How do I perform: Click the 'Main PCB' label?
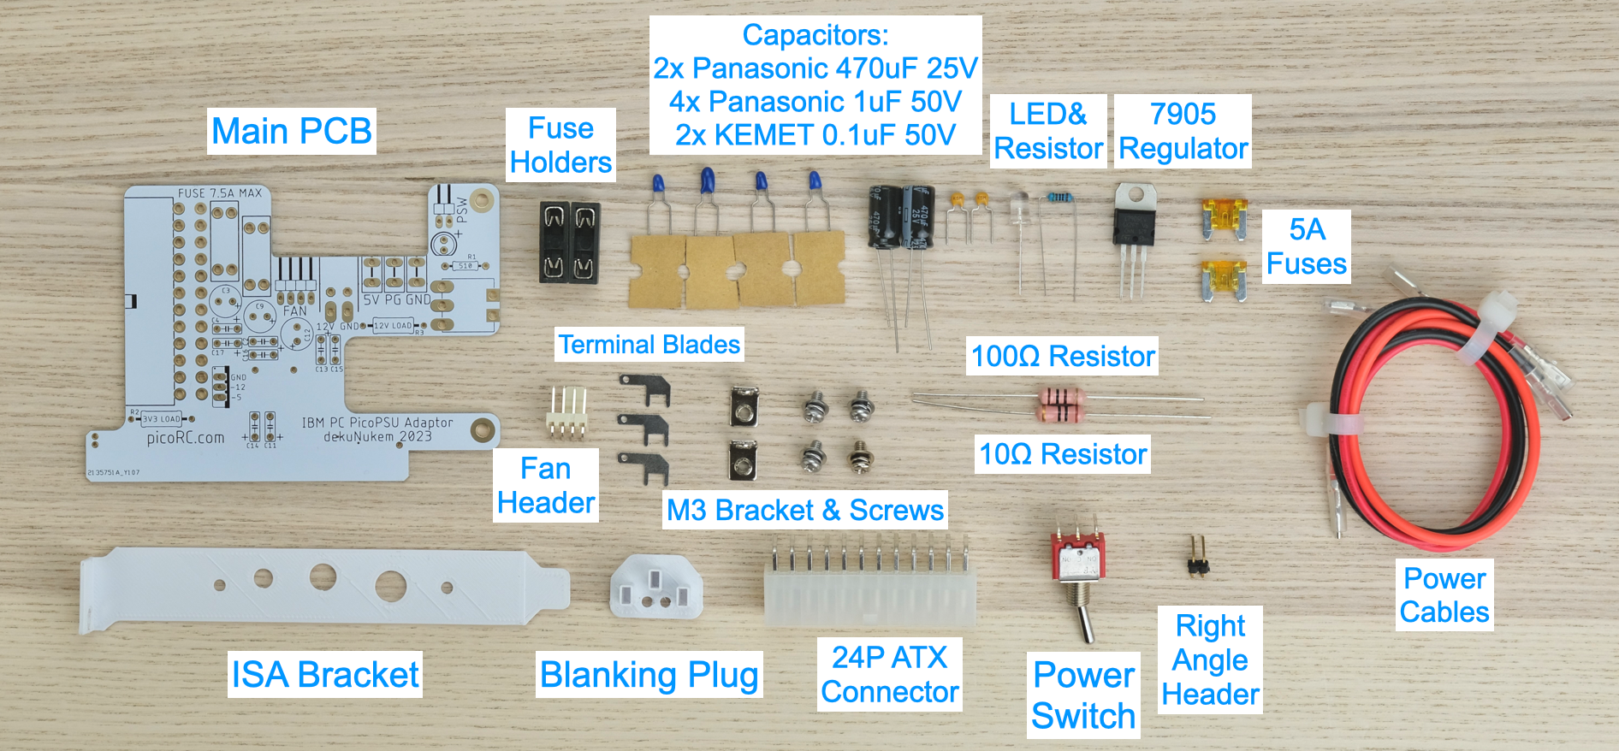click(x=291, y=131)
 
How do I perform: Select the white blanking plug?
click(x=655, y=588)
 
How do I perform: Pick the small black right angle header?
click(x=1196, y=559)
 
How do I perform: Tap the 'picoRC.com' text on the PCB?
click(x=185, y=438)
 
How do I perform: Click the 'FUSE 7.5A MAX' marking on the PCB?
click(x=219, y=193)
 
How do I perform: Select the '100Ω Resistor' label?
click(x=1063, y=356)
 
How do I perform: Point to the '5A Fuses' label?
click(x=1306, y=246)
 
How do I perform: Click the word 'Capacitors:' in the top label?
click(x=815, y=35)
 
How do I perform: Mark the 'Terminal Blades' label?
click(x=649, y=344)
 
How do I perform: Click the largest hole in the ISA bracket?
click(x=390, y=586)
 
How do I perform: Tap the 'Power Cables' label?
click(x=1444, y=595)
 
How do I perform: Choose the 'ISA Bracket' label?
click(x=324, y=675)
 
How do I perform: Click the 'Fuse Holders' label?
click(x=560, y=145)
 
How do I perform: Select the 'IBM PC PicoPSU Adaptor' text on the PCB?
click(x=377, y=423)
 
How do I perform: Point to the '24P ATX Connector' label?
click(x=889, y=674)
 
